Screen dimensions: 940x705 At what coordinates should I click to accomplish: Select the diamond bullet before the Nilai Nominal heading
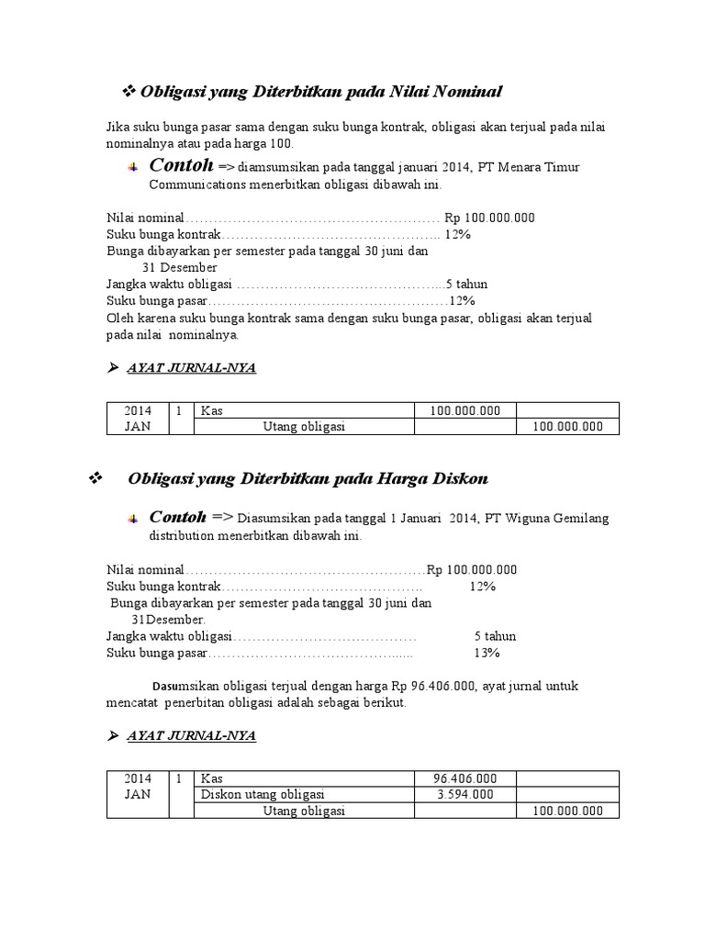pyautogui.click(x=129, y=91)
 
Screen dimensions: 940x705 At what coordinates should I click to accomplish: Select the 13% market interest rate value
pyautogui.click(x=486, y=653)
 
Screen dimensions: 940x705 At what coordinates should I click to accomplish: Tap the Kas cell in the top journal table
pyautogui.click(x=212, y=410)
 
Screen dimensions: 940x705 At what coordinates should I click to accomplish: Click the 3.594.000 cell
pyautogui.click(x=464, y=794)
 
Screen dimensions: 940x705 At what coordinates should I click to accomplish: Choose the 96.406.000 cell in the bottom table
pyautogui.click(x=464, y=778)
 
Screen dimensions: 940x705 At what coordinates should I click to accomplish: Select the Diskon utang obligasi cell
pyautogui.click(x=263, y=794)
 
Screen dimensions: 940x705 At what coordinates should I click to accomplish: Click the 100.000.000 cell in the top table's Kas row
pyautogui.click(x=464, y=410)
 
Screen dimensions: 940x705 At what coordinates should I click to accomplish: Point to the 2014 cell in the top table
pyautogui.click(x=138, y=410)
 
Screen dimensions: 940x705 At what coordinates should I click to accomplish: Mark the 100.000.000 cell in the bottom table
pyautogui.click(x=566, y=811)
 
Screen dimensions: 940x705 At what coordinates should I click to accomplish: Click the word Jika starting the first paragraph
pyautogui.click(x=118, y=127)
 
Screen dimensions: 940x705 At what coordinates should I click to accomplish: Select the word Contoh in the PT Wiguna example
pyautogui.click(x=177, y=517)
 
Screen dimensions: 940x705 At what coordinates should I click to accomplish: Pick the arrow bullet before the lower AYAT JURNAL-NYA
pyautogui.click(x=113, y=736)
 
